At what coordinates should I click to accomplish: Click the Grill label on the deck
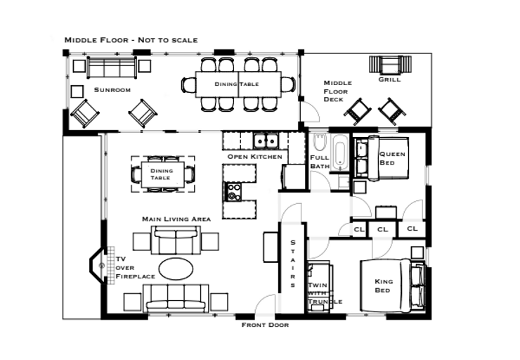coord(389,79)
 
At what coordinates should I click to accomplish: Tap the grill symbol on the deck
coord(389,64)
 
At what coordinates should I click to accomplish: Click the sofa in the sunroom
coord(112,67)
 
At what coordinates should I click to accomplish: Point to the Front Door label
coord(265,325)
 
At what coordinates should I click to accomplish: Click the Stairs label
coord(294,263)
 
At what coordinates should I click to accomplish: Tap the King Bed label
coord(383,285)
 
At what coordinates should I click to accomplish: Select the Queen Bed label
coord(391,158)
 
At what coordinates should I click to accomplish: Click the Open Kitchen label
coord(254,156)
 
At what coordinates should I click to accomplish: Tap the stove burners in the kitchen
coord(233,191)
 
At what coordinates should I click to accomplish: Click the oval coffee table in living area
coord(176,268)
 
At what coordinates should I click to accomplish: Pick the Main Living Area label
coord(176,219)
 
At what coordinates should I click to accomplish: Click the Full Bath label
coord(320,162)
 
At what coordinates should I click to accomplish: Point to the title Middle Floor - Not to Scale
coord(131,40)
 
